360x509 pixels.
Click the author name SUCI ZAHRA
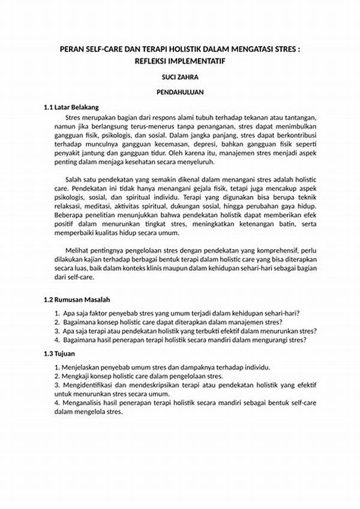(181, 77)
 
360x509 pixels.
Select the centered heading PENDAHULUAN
(181, 92)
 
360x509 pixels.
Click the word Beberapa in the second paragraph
(69, 215)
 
